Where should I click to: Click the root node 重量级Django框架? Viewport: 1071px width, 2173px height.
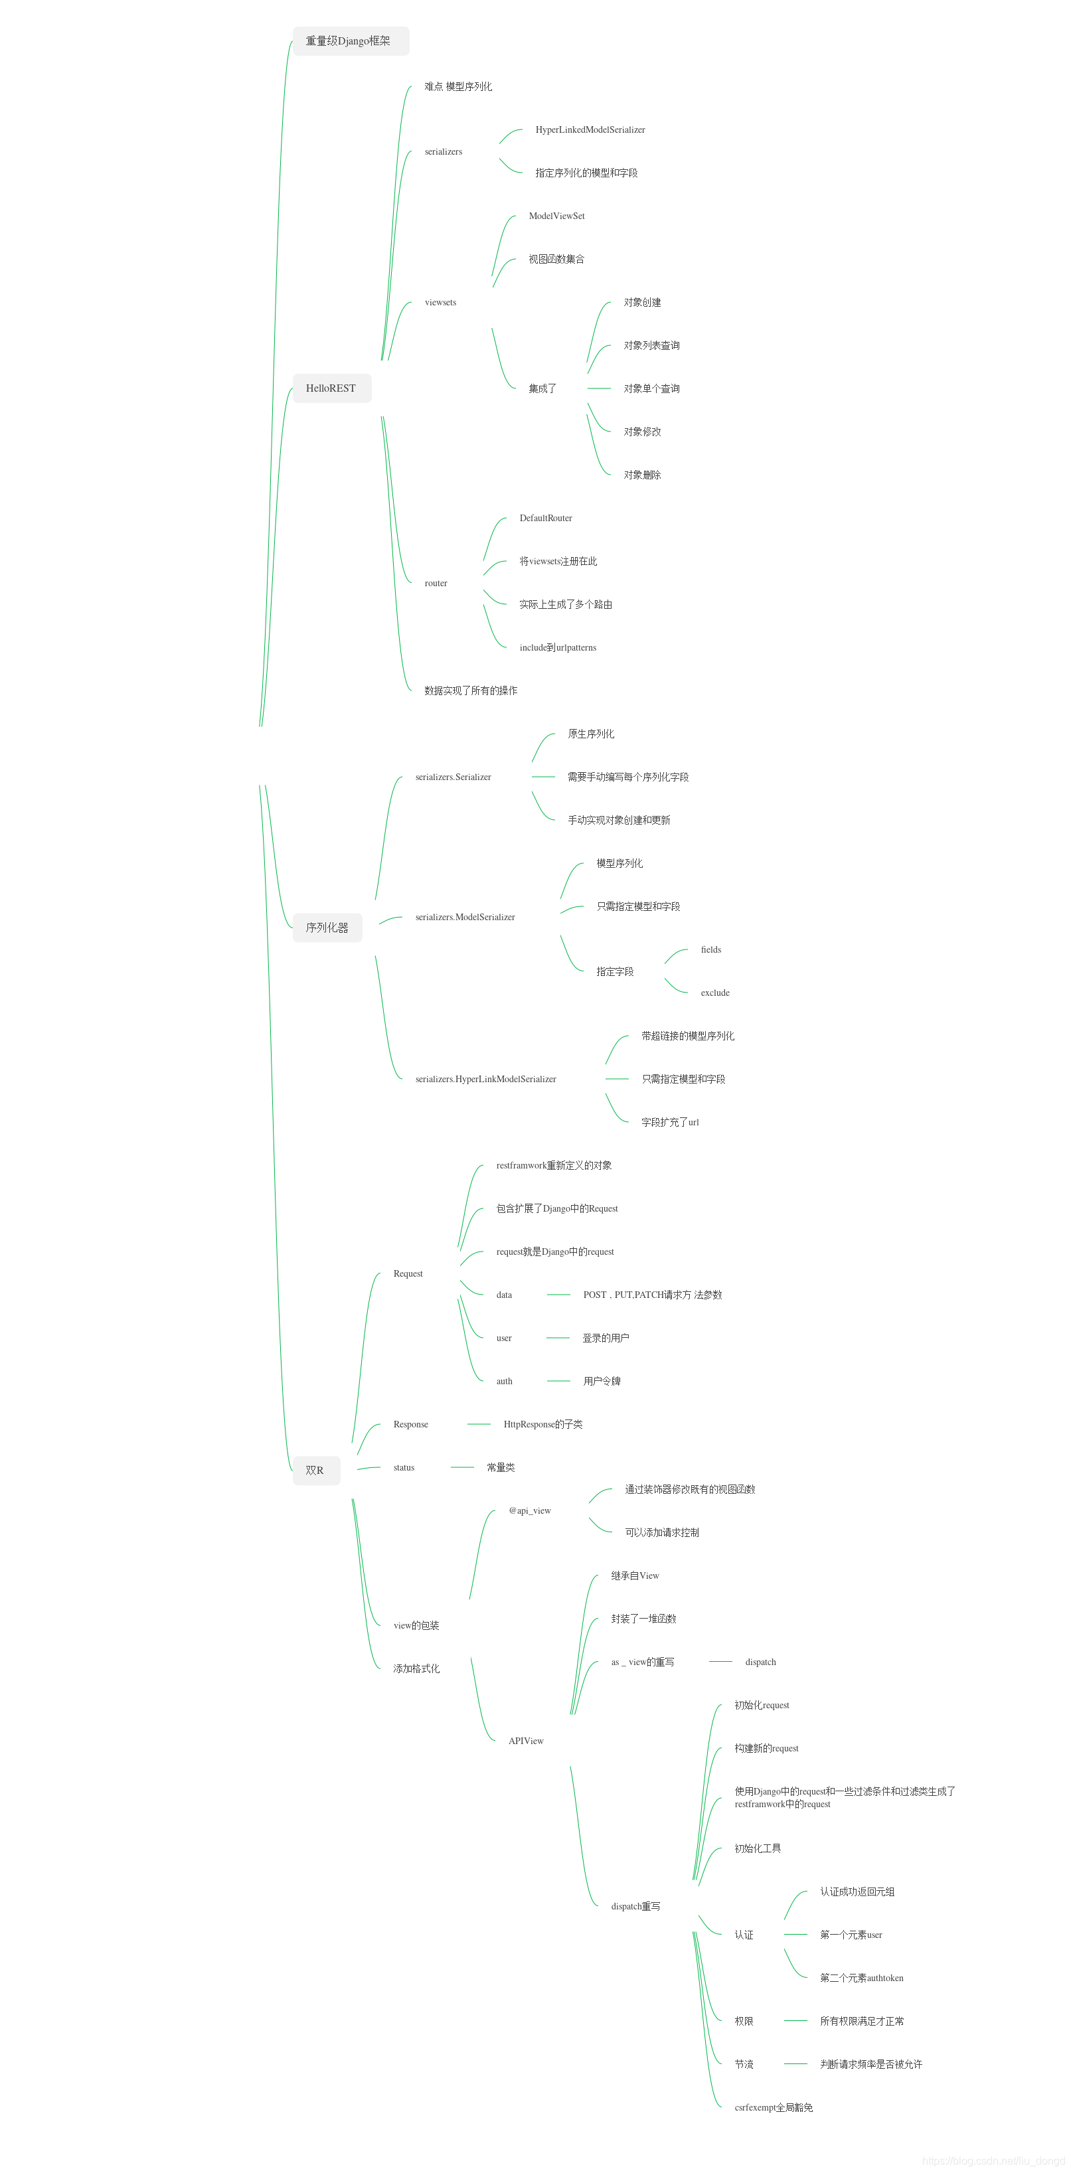350,41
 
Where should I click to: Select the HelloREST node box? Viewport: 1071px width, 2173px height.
331,388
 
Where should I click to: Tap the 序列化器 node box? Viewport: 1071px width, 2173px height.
327,927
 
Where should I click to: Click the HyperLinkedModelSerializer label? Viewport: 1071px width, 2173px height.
590,130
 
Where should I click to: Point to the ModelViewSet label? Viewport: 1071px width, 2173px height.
556,216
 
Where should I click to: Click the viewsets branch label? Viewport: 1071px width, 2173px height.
440,302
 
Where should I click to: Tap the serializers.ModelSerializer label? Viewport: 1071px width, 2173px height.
465,917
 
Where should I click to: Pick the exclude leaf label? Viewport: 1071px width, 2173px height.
714,993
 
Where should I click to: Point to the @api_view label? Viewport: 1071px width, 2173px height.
530,1511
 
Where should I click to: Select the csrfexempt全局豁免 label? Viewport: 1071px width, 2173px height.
774,2107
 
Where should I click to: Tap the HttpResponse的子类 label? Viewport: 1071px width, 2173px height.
542,1424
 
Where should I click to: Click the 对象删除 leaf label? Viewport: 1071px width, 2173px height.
642,475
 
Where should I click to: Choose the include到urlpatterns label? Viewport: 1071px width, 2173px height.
558,648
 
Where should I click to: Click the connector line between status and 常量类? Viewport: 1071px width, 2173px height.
461,1467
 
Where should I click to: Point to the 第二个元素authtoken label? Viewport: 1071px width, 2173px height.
861,1977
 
